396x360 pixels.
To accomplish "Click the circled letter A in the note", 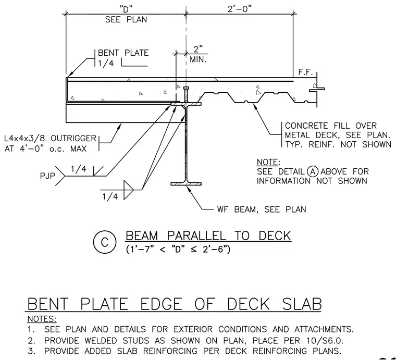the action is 313,172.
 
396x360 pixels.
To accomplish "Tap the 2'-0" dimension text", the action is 240,9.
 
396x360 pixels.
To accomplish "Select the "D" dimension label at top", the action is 126,9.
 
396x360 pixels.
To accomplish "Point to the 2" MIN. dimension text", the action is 198,54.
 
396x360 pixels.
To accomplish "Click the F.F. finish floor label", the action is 305,72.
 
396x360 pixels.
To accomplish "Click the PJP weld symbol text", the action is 47,176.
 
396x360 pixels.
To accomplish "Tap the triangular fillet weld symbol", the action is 128,190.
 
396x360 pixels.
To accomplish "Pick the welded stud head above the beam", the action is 186,88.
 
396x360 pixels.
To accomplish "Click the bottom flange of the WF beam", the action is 186,184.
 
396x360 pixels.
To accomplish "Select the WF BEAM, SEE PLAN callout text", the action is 262,209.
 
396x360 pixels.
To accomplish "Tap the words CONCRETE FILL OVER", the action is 330,126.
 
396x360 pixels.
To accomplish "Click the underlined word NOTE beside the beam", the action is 267,162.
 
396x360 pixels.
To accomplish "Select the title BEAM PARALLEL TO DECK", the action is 208,236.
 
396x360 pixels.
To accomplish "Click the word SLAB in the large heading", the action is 302,304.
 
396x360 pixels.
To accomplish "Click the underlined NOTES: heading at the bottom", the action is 42,319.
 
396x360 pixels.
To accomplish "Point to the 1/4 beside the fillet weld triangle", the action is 110,196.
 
